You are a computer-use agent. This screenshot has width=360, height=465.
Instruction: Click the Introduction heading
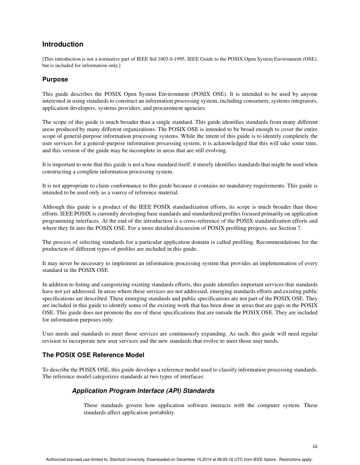63,44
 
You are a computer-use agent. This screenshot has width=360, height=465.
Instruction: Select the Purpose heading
55,79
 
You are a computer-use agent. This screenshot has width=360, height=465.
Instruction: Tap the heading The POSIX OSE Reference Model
93,355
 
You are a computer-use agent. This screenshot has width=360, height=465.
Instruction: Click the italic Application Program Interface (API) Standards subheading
143,390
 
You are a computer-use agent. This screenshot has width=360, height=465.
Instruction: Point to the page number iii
315,446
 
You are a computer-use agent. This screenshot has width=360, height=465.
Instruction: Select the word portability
161,412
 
